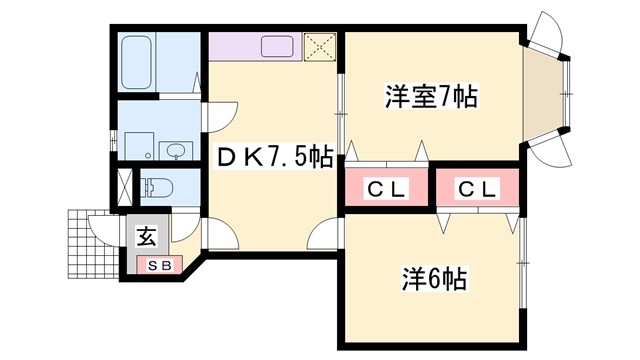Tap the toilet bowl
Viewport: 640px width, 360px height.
(x=157, y=186)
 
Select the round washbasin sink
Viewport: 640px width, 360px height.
(x=176, y=151)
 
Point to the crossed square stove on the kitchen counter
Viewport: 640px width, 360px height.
(x=321, y=46)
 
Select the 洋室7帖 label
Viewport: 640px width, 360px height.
(x=430, y=97)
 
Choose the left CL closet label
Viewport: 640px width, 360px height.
(x=385, y=189)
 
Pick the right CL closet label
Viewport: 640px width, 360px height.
(x=477, y=189)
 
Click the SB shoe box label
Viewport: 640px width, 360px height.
(x=160, y=265)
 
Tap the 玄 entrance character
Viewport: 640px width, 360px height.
(x=145, y=238)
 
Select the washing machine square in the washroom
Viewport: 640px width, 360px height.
(x=137, y=147)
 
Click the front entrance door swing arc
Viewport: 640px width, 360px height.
(x=102, y=228)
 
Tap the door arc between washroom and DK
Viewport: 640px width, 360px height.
(x=218, y=115)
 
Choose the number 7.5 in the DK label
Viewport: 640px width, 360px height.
(x=290, y=157)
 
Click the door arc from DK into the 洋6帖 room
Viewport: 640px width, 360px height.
(x=326, y=236)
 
